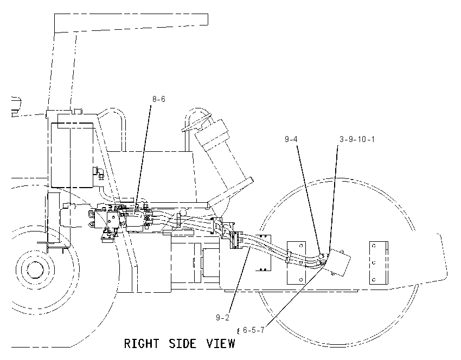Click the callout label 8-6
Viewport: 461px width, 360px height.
pyautogui.click(x=159, y=99)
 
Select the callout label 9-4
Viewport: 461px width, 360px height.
pyautogui.click(x=291, y=139)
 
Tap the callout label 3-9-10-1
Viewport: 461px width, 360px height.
pyautogui.click(x=357, y=139)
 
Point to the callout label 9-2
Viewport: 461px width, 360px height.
pyautogui.click(x=222, y=317)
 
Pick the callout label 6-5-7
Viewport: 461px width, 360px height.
pyautogui.click(x=254, y=330)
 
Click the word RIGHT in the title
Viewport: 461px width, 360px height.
pyautogui.click(x=142, y=344)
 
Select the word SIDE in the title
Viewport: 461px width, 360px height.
pyautogui.click(x=182, y=344)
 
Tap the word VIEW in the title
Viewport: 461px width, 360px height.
pyautogui.click(x=221, y=344)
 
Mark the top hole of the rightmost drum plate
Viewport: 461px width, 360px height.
pyautogui.click(x=374, y=246)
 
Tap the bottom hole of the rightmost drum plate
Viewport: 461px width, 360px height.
pyautogui.click(x=374, y=279)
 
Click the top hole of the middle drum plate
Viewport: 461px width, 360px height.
pyautogui.click(x=301, y=246)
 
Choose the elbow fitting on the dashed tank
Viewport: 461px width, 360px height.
pyautogui.click(x=99, y=173)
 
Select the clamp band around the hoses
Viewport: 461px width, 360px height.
pyautogui.click(x=289, y=256)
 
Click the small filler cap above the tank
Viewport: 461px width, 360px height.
pyautogui.click(x=78, y=111)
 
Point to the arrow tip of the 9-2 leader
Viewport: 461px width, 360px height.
pyautogui.click(x=250, y=247)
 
